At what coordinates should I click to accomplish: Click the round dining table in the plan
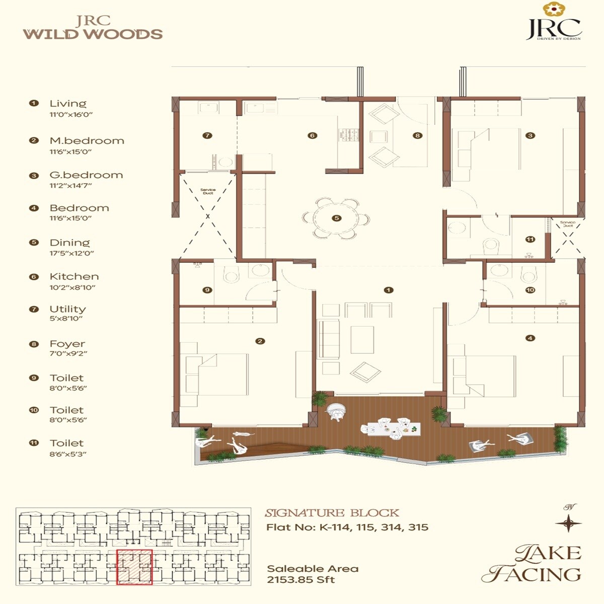(x=336, y=218)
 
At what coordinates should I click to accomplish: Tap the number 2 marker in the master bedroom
(x=260, y=341)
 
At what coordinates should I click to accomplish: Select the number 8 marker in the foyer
(x=417, y=135)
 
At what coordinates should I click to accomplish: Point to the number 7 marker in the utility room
(x=207, y=135)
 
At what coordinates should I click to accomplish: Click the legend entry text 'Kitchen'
(x=74, y=277)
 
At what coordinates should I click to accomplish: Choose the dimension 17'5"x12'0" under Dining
(x=71, y=254)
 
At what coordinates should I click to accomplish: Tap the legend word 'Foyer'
(x=67, y=344)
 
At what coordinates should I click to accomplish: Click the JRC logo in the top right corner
(x=554, y=23)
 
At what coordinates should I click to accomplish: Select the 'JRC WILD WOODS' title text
(x=93, y=28)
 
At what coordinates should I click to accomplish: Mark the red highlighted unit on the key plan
(x=134, y=567)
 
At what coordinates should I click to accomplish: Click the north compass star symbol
(x=568, y=523)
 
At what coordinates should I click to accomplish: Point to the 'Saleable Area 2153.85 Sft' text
(x=313, y=574)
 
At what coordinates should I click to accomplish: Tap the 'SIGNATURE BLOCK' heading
(x=332, y=513)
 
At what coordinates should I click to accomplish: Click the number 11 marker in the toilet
(x=530, y=240)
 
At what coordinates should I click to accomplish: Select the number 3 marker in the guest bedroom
(x=530, y=135)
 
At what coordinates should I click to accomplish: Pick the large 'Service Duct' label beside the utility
(x=208, y=191)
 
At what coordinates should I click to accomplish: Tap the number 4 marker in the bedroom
(x=530, y=338)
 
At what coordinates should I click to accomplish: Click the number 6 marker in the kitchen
(x=313, y=135)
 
